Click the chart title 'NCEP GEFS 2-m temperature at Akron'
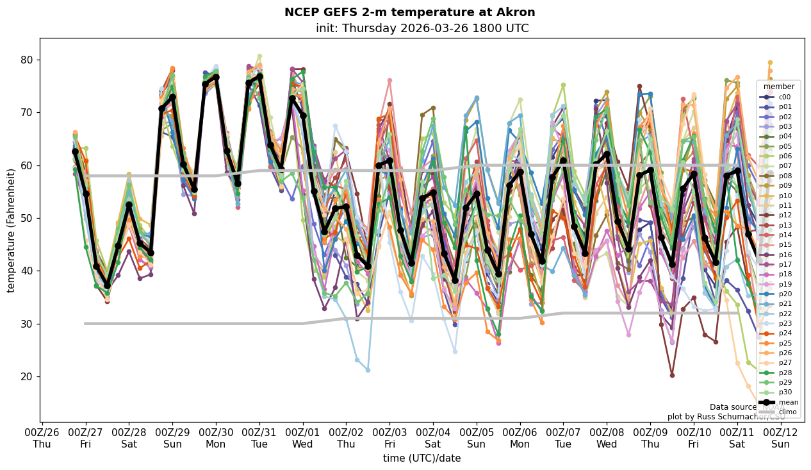click(409, 12)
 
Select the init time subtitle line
click(422, 28)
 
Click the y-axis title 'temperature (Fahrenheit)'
click(11, 230)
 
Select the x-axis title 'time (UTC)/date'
click(422, 458)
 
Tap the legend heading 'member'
click(778, 87)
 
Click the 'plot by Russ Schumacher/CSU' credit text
click(726, 417)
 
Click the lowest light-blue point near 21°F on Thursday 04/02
click(368, 370)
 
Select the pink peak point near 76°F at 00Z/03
click(389, 81)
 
